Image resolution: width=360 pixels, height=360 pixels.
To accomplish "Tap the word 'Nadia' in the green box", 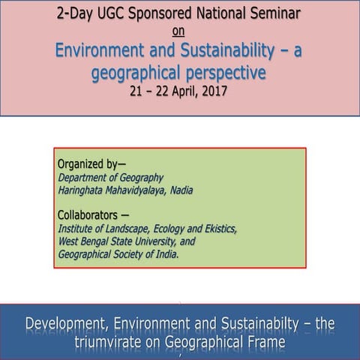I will tap(179, 190).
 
